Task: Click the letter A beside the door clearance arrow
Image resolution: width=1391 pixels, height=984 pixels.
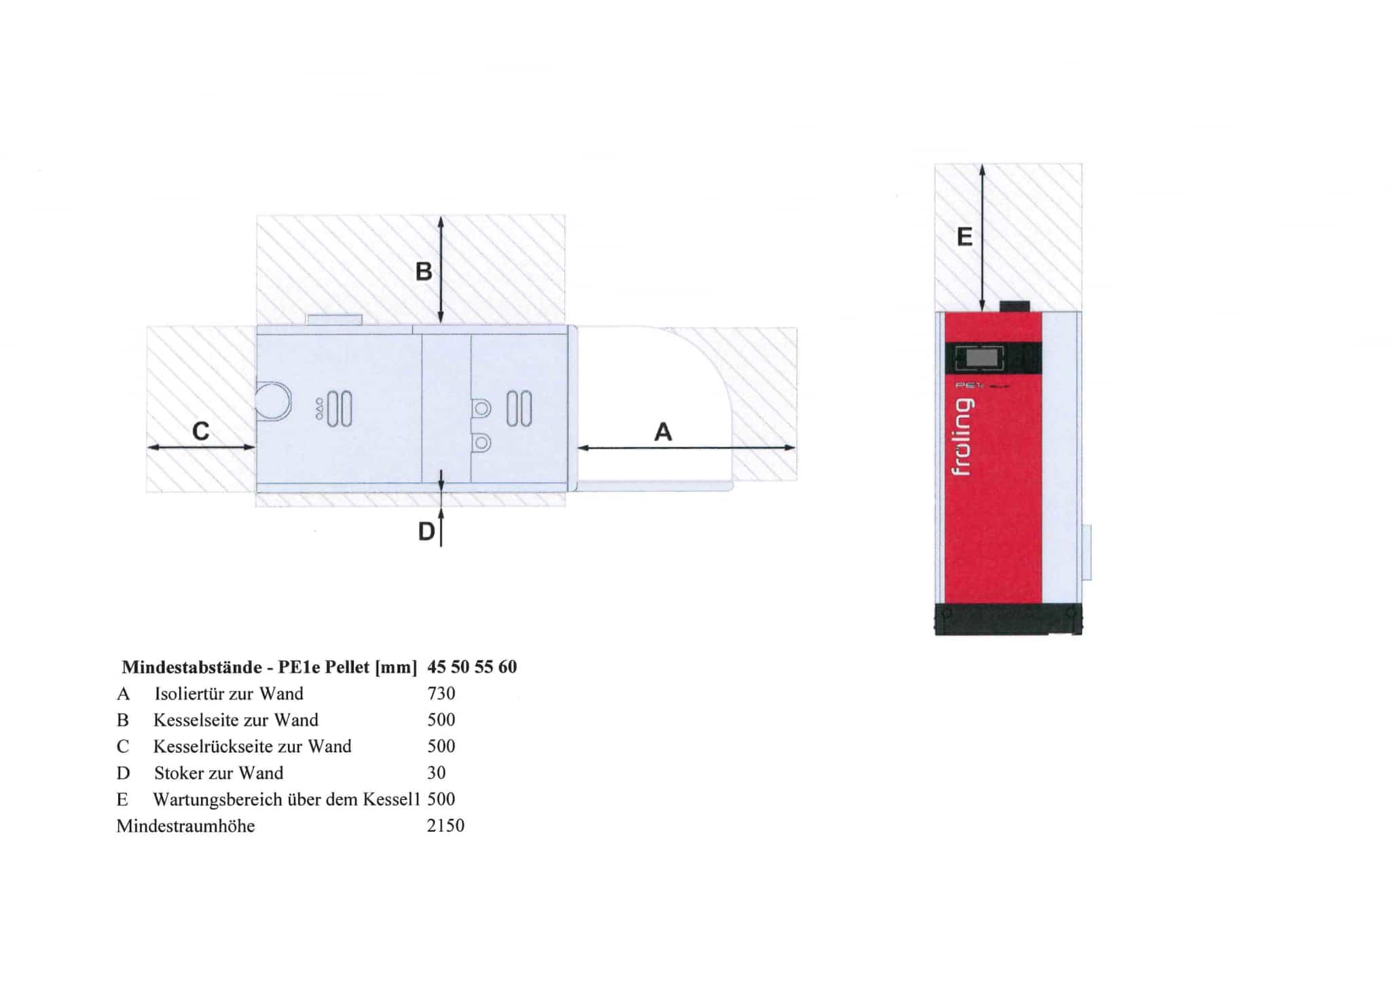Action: (x=663, y=432)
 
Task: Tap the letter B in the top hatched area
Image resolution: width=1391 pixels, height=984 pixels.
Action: (x=424, y=272)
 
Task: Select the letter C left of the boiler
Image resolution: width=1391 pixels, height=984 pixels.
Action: (x=201, y=431)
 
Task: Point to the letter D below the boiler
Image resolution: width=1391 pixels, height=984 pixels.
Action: (x=426, y=531)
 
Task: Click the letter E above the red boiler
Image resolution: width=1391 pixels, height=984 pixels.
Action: (x=964, y=236)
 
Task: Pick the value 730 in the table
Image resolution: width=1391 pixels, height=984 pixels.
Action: (x=441, y=693)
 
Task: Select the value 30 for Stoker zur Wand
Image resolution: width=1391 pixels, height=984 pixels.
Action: (x=436, y=773)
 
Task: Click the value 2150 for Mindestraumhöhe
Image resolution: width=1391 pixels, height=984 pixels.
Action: (x=446, y=826)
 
